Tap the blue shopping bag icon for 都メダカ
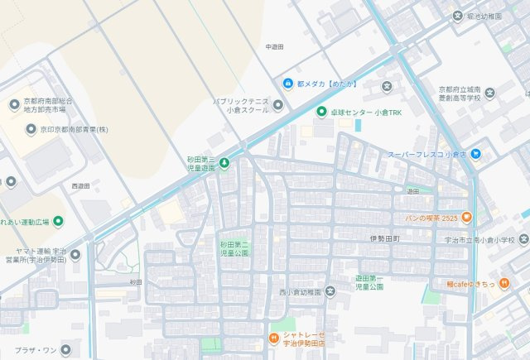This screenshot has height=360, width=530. pyautogui.click(x=287, y=84)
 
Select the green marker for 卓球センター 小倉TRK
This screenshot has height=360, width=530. pyautogui.click(x=322, y=112)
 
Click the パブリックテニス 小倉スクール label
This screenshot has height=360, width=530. pyautogui.click(x=240, y=105)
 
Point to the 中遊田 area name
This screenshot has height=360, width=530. pyautogui.click(x=274, y=47)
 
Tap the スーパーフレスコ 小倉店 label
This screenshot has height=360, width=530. pyautogui.click(x=427, y=154)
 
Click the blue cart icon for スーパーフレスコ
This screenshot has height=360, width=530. pyautogui.click(x=477, y=154)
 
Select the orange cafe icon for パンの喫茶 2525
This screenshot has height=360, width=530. pyautogui.click(x=467, y=217)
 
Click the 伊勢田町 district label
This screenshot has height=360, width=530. pyautogui.click(x=384, y=238)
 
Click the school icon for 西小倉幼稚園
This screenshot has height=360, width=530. pyautogui.click(x=330, y=290)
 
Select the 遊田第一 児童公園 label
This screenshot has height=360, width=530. pyautogui.click(x=369, y=282)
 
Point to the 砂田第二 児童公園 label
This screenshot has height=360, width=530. pyautogui.click(x=234, y=248)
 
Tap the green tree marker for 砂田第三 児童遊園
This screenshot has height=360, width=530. pyautogui.click(x=223, y=162)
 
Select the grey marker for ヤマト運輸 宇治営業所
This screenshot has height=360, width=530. pyautogui.click(x=75, y=255)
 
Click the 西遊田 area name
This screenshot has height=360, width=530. pyautogui.click(x=80, y=185)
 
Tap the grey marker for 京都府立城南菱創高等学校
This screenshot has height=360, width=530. pyautogui.click(x=489, y=93)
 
